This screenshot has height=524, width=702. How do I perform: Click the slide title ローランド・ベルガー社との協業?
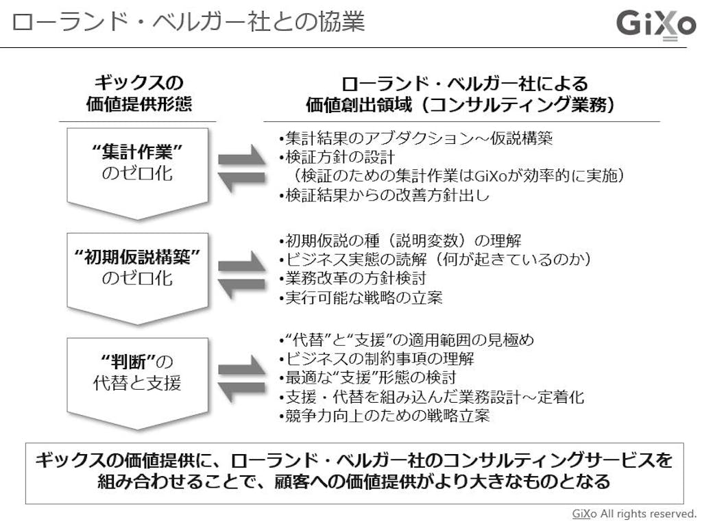(x=188, y=22)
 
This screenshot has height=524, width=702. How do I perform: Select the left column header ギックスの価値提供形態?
(x=139, y=94)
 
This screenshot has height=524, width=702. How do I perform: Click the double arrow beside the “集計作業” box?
(x=241, y=168)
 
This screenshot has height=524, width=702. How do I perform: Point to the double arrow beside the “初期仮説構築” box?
(x=241, y=273)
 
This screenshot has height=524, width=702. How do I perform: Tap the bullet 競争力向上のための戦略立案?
(x=385, y=416)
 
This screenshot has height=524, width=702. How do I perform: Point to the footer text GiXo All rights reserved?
(x=634, y=513)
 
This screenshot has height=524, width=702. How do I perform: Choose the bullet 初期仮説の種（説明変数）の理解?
(x=400, y=241)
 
